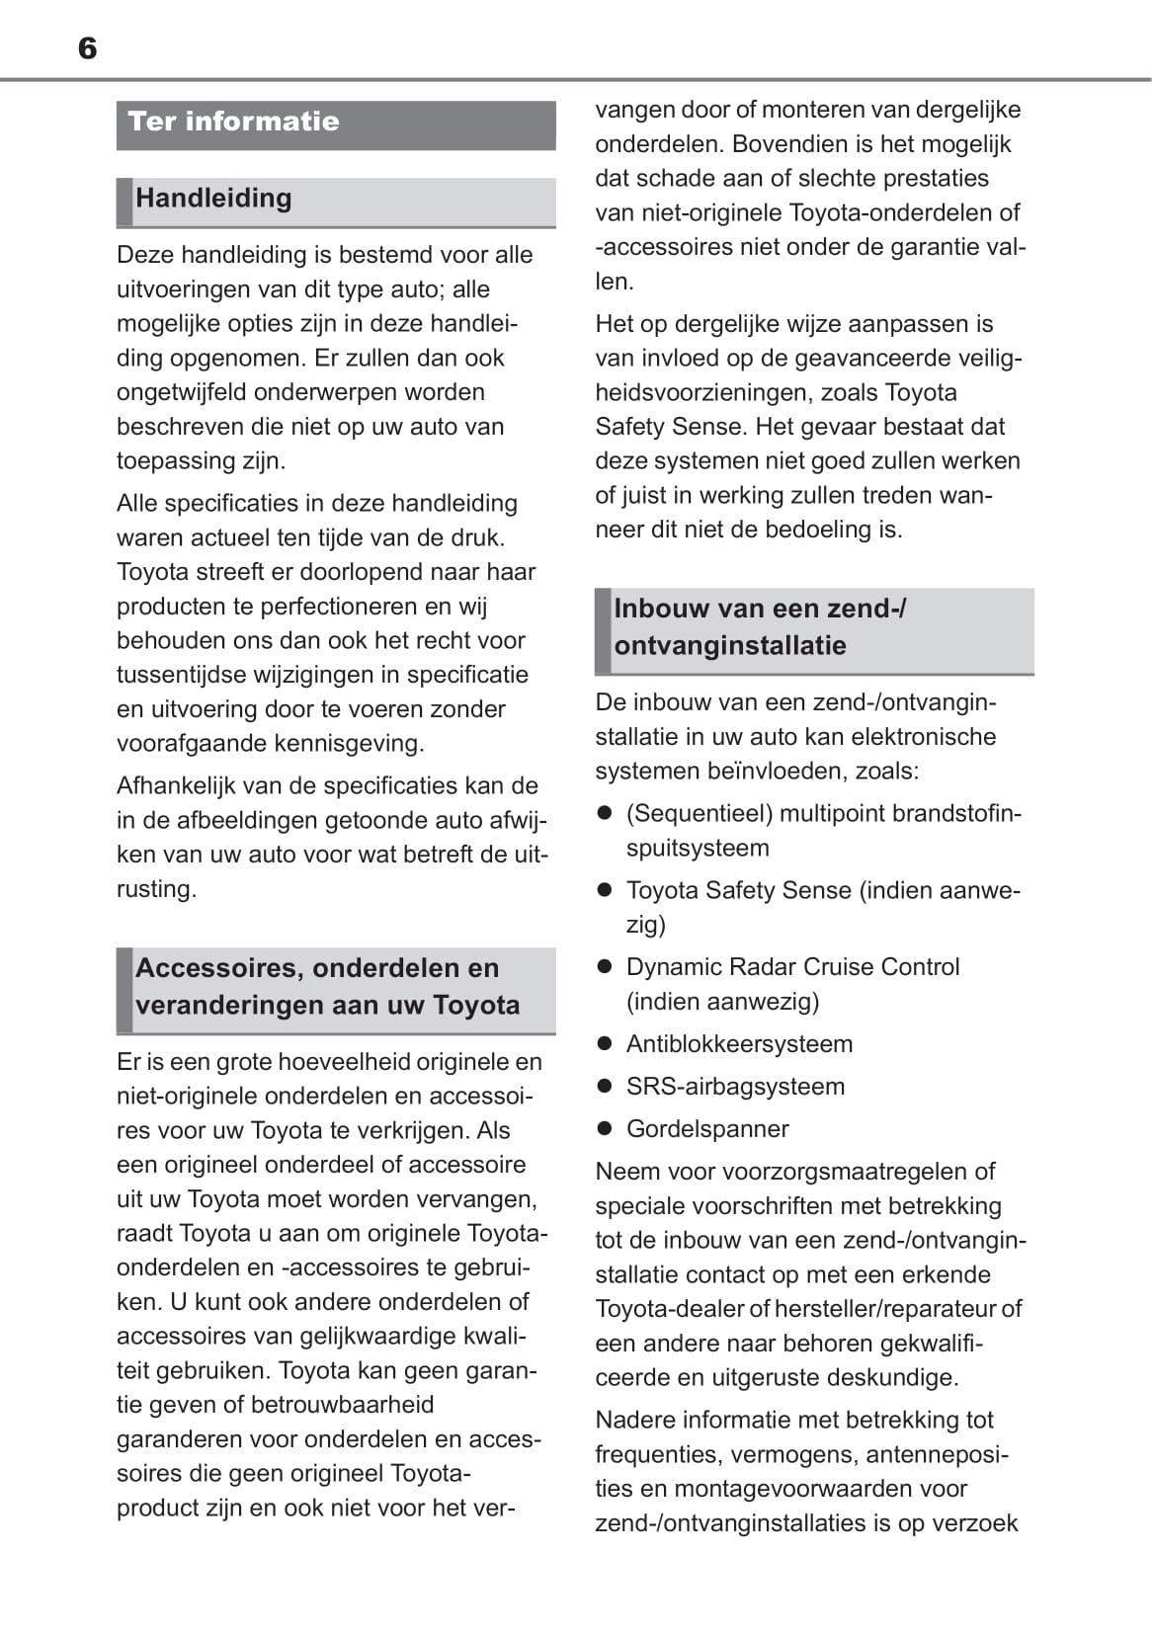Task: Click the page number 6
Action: [87, 48]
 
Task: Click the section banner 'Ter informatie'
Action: [234, 122]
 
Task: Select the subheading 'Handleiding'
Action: [213, 198]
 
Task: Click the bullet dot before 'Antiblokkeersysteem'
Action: [606, 1043]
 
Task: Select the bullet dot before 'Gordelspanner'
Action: [606, 1128]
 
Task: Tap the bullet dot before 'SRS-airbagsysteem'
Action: [606, 1086]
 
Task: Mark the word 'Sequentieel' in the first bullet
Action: [699, 813]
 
